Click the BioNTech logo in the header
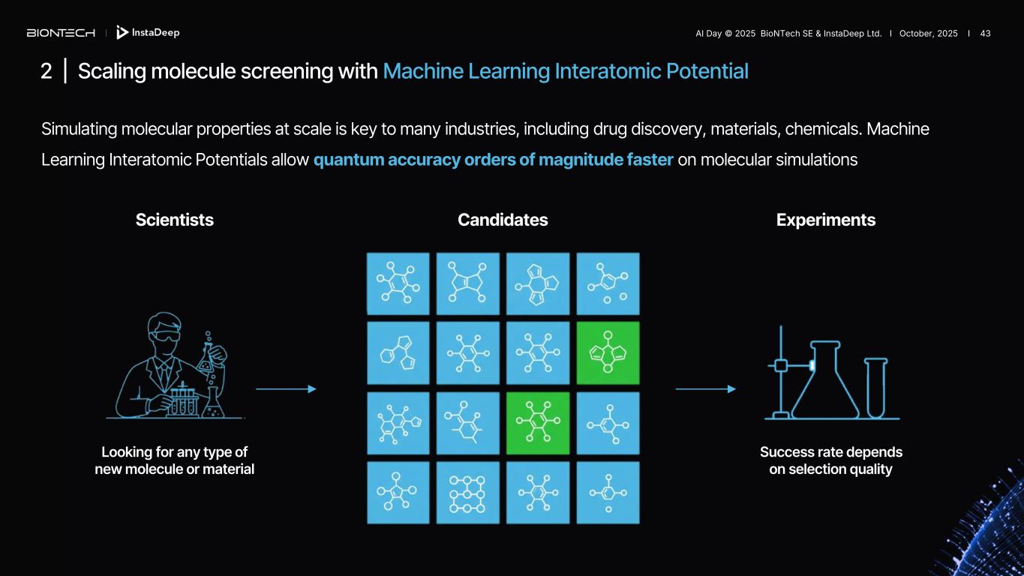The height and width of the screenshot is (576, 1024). click(61, 33)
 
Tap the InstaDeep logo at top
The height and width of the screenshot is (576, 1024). click(149, 33)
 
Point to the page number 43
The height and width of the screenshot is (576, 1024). click(985, 34)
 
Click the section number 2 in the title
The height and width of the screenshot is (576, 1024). click(47, 71)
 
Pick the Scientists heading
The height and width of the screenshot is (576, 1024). click(174, 220)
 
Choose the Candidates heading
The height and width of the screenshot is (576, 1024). click(503, 220)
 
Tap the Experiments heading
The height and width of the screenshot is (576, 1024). click(825, 220)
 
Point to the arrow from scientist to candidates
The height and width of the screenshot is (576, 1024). click(286, 389)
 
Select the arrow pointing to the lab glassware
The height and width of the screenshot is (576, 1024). click(705, 389)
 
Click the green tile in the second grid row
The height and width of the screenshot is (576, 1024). click(608, 353)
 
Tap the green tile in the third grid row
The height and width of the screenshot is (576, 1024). click(538, 423)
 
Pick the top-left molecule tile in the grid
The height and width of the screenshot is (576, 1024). click(398, 283)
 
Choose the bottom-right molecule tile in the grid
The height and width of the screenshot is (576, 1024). click(608, 493)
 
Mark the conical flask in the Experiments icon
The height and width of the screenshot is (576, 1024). click(825, 382)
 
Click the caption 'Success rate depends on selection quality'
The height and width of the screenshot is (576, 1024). click(830, 460)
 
